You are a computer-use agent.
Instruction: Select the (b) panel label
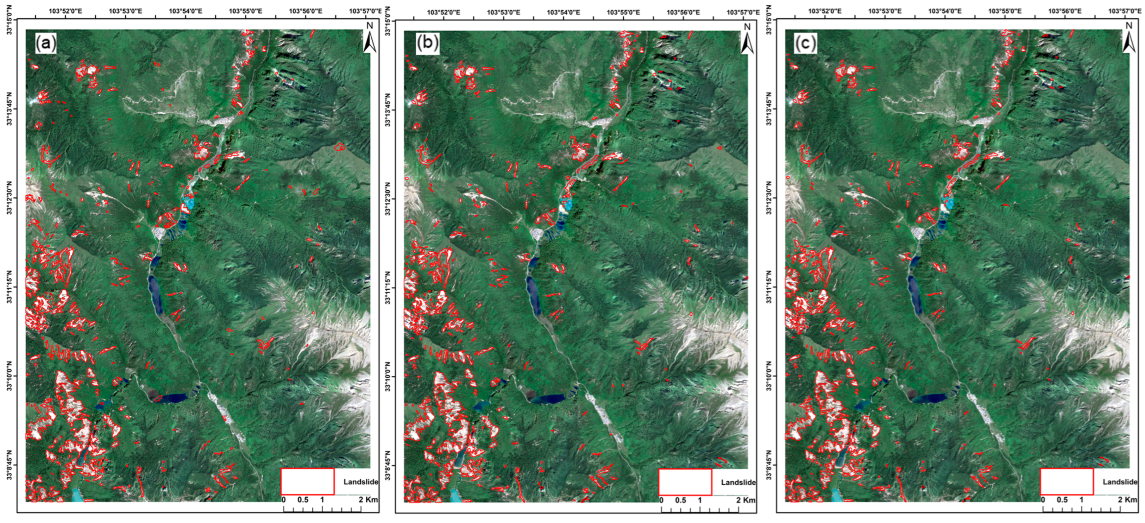[x=427, y=44]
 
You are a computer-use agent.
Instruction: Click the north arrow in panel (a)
[x=369, y=39]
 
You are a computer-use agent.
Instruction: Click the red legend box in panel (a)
[x=307, y=481]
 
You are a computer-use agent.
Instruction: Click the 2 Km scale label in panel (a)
[x=369, y=499]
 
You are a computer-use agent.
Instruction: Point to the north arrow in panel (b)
[x=747, y=39]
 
